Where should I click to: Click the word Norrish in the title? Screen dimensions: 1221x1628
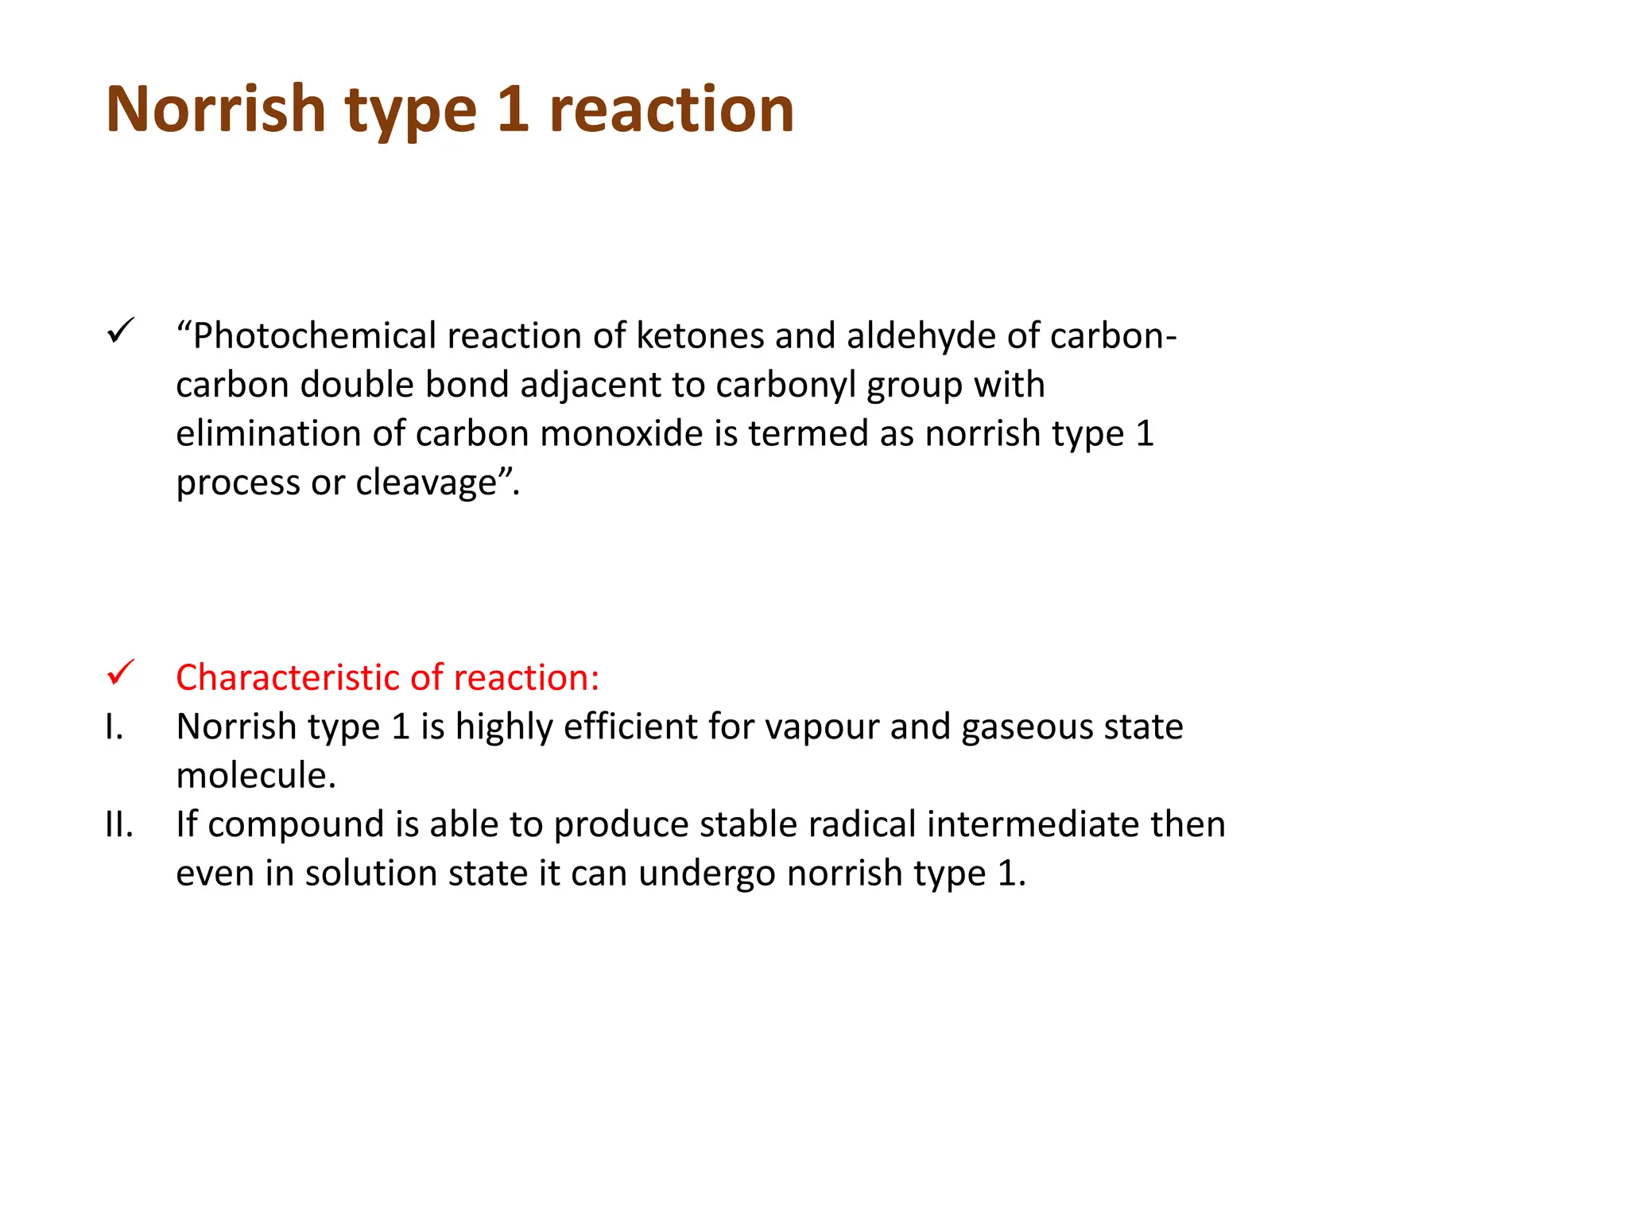215,109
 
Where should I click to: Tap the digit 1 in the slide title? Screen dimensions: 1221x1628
513,109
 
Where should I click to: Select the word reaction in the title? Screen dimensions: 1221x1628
672,109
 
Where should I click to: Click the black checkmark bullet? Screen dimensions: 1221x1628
121,331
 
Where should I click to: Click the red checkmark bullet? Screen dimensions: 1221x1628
121,673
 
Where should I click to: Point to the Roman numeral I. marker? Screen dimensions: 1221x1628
114,727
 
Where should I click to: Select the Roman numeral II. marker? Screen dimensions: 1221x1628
119,824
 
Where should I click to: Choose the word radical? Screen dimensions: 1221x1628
862,824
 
